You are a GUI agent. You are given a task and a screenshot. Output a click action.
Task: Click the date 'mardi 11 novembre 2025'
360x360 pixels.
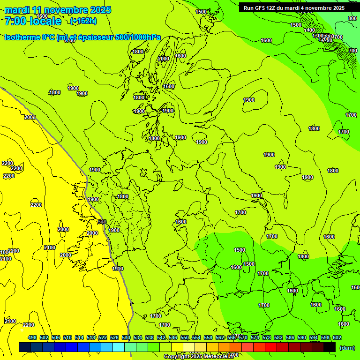click(58, 10)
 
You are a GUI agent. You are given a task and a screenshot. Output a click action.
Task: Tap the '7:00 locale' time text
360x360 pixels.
click(33, 21)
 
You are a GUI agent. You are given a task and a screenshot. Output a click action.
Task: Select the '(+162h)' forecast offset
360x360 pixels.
click(83, 21)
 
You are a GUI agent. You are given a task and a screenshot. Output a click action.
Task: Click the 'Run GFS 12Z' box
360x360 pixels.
click(294, 7)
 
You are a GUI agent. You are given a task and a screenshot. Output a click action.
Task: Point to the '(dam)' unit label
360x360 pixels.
click(347, 347)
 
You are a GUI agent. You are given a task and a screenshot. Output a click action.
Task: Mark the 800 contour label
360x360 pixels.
click(352, 18)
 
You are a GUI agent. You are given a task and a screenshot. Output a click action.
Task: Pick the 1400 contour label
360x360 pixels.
click(309, 30)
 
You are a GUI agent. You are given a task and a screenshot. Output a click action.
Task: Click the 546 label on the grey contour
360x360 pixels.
click(102, 221)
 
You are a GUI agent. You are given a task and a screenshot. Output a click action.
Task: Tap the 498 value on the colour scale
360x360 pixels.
click(32, 337)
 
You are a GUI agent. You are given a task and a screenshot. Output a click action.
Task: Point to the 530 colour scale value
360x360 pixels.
click(126, 337)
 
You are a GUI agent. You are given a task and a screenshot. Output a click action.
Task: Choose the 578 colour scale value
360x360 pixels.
click(266, 337)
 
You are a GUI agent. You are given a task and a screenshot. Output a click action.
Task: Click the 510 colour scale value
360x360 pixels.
click(67, 337)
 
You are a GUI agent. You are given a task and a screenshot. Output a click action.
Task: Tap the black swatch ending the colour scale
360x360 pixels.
click(330, 347)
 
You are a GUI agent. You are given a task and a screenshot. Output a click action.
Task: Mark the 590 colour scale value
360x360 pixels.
click(301, 337)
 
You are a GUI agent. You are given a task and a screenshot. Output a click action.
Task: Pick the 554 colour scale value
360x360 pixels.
click(196, 337)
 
